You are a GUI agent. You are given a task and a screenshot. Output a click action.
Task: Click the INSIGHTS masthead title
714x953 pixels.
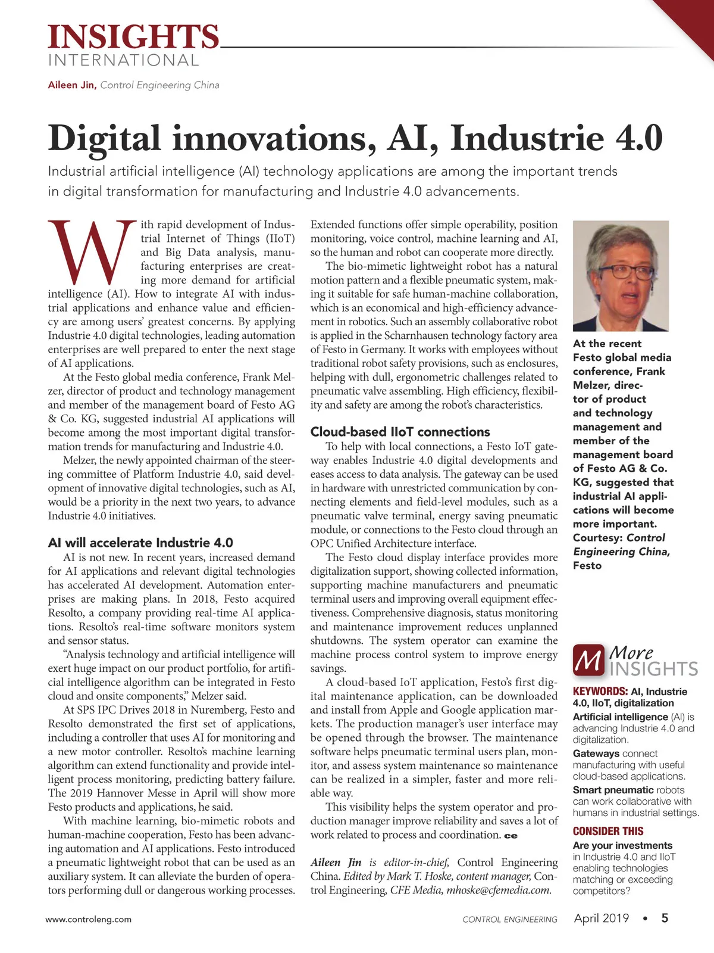coord(133,37)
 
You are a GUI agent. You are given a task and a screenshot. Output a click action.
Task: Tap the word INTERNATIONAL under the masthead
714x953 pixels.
coord(123,61)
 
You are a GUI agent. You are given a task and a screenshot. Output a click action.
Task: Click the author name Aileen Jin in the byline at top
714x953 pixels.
coord(71,85)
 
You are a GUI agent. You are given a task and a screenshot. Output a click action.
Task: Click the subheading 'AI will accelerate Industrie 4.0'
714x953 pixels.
coord(140,543)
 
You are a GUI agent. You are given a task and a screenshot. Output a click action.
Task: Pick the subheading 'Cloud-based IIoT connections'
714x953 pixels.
coord(400,432)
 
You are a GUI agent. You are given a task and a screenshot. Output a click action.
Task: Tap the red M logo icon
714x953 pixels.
coord(588,661)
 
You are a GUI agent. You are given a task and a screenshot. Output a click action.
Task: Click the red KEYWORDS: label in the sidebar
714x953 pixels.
coord(600,692)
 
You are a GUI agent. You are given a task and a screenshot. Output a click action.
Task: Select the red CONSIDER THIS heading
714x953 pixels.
coord(608,831)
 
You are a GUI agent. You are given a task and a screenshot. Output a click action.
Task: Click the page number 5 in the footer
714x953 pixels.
coord(665,918)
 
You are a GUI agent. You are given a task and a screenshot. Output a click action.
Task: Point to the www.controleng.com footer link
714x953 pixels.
coord(89,919)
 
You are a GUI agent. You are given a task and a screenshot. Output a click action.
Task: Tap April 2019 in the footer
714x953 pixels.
coord(601,918)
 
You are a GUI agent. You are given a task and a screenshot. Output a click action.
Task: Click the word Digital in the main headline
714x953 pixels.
coord(104,138)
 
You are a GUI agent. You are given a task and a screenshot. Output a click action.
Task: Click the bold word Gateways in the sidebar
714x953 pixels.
coord(596,753)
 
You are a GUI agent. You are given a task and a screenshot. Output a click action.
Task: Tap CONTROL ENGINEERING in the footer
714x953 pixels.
coord(510,920)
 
